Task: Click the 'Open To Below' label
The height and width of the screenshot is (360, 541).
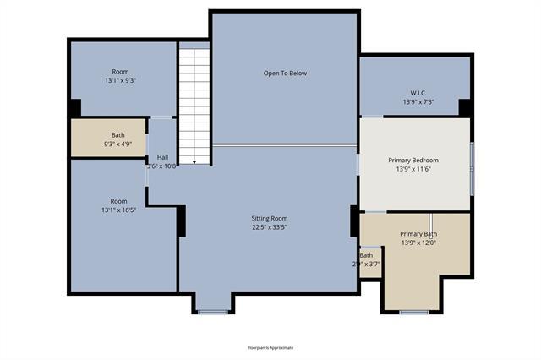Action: point(285,74)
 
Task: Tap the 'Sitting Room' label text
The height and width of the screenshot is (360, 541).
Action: point(269,217)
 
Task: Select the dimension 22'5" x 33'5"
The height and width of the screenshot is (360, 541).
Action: point(269,226)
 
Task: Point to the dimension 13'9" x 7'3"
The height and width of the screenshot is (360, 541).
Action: point(418,102)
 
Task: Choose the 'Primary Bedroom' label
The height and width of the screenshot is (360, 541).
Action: point(413,160)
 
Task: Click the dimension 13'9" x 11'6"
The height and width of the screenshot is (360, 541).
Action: point(413,170)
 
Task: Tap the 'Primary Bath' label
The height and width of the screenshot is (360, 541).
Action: point(418,234)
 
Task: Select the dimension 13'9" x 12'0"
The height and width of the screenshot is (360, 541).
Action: point(418,243)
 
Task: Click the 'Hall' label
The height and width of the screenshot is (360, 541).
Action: point(162,157)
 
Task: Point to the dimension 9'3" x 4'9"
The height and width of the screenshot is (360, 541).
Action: point(118,145)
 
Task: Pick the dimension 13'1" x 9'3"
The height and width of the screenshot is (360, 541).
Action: point(120,81)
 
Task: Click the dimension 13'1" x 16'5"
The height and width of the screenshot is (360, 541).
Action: point(118,210)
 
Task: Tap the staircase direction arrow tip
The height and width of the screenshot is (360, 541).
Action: point(194,163)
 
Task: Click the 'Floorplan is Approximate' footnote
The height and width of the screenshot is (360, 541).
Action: point(270,347)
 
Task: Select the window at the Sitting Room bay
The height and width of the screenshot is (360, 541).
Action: point(213,313)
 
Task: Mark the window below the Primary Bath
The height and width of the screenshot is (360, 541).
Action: point(413,313)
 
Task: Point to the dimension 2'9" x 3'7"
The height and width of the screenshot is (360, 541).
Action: point(366,265)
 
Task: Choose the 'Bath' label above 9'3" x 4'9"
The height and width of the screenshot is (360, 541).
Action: point(118,135)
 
